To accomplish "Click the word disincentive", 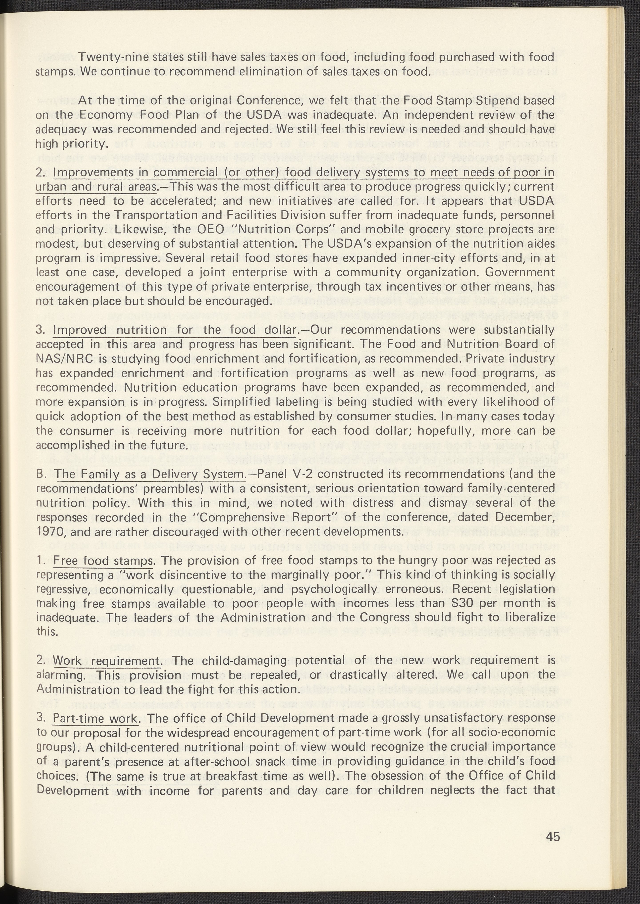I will [x=182, y=575].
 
